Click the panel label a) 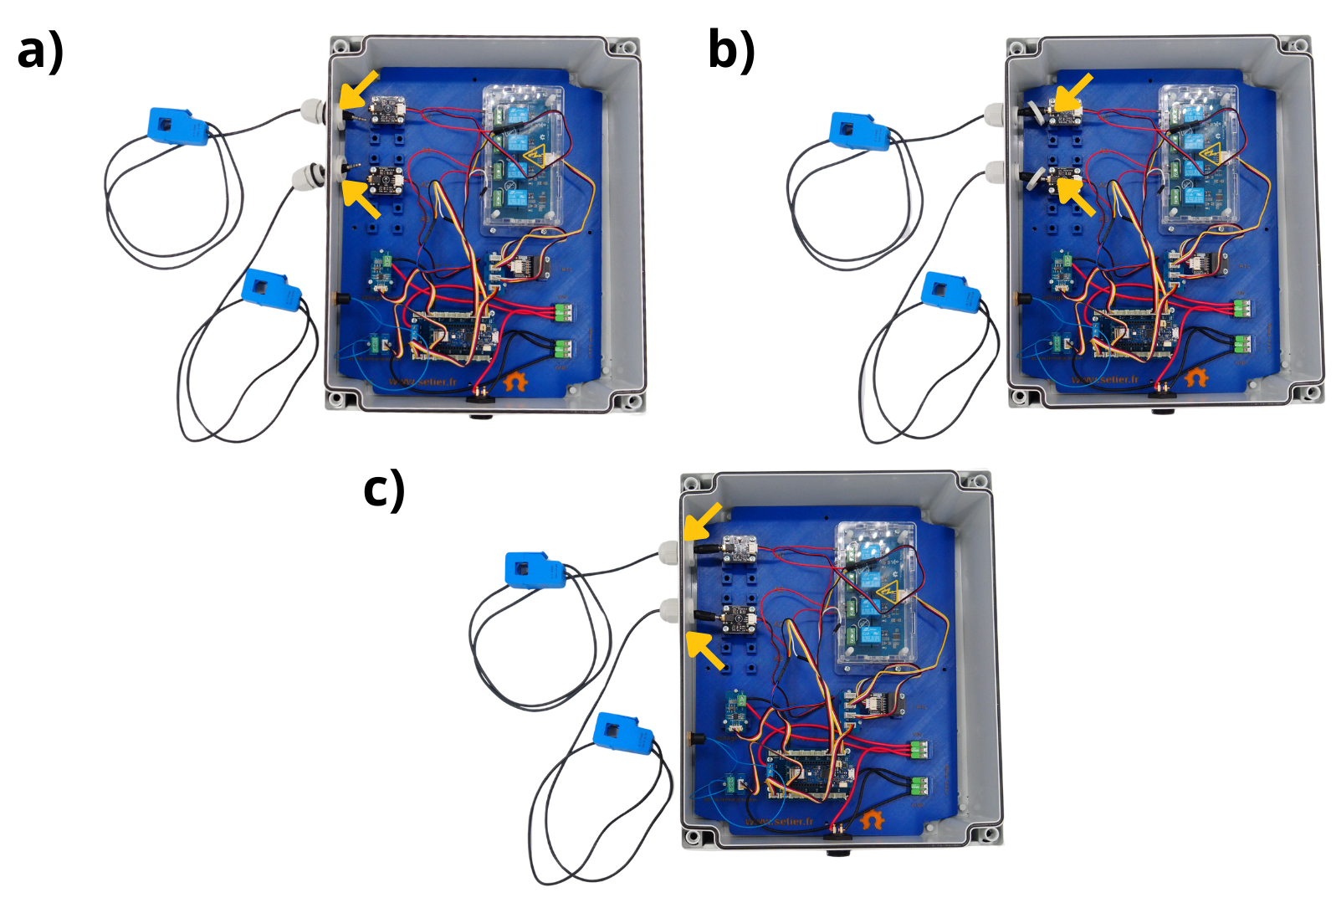point(40,51)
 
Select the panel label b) point(731,49)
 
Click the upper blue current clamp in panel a point(177,126)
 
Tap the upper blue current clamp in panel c point(535,570)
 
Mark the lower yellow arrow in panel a point(361,199)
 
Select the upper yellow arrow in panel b point(1072,91)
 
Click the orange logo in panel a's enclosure point(515,382)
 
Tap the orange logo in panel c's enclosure point(873,819)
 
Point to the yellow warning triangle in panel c point(887,593)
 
